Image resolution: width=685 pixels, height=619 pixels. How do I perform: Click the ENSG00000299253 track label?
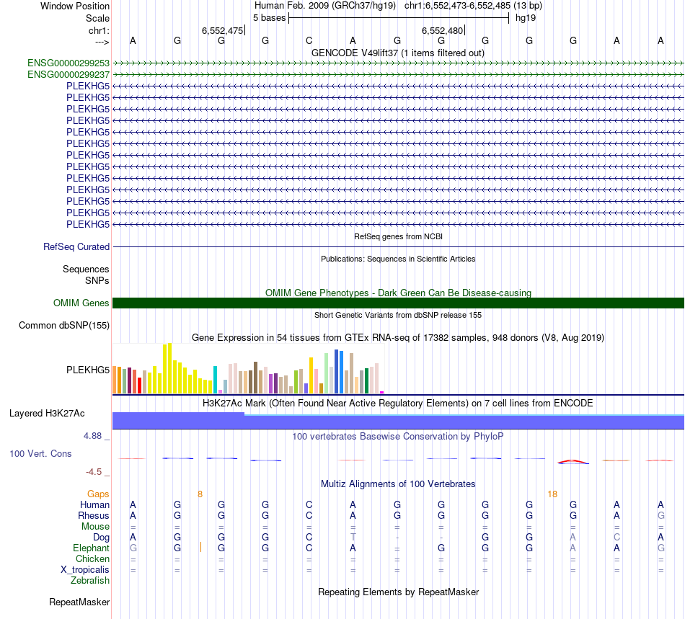click(x=68, y=63)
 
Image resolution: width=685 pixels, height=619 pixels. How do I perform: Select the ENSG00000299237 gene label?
click(x=68, y=74)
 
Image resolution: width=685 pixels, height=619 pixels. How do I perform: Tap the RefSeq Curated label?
click(x=76, y=246)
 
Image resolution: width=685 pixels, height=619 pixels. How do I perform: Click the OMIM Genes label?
click(x=81, y=303)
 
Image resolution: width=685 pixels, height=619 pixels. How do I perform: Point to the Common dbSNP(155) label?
click(x=64, y=326)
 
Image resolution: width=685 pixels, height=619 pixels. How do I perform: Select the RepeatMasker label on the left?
click(x=79, y=602)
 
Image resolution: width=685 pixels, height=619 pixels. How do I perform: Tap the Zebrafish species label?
click(x=90, y=580)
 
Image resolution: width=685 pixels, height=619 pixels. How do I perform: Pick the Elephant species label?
click(x=92, y=548)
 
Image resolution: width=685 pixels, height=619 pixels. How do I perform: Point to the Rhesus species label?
click(x=94, y=515)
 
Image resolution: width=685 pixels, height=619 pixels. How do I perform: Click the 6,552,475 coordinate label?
click(x=222, y=30)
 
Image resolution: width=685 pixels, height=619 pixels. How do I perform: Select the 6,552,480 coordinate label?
click(x=442, y=30)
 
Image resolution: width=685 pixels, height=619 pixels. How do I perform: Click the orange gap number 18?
click(x=552, y=494)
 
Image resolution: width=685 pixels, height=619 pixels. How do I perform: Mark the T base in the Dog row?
click(x=353, y=537)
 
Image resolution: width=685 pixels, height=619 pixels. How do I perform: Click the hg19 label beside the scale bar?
click(x=525, y=18)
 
